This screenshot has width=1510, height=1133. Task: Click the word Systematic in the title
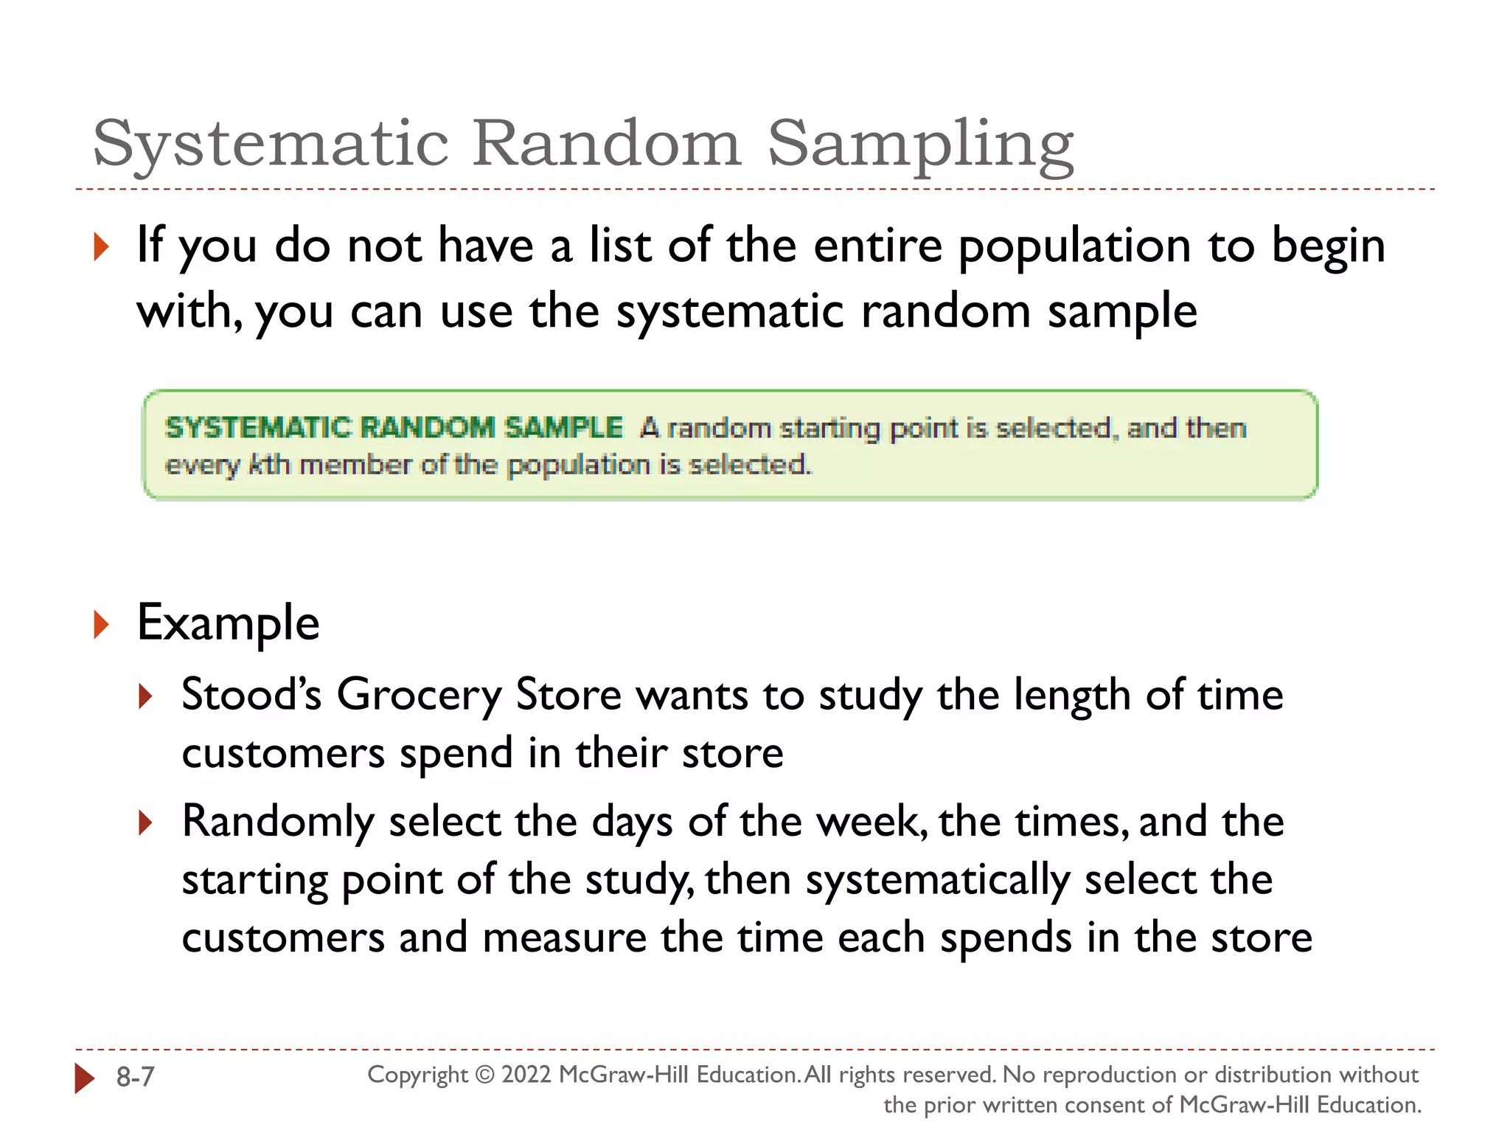click(x=271, y=144)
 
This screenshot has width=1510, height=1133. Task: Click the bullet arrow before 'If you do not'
click(x=102, y=246)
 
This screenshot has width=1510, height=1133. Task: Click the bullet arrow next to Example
click(x=102, y=625)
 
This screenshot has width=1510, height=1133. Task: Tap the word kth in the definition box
click(x=269, y=465)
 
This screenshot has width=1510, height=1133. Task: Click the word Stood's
click(x=251, y=695)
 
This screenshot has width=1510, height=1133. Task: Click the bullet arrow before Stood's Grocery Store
click(x=145, y=696)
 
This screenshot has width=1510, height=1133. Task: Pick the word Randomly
click(x=279, y=822)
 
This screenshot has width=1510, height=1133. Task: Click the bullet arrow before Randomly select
click(x=145, y=822)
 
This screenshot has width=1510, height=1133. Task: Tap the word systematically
click(x=937, y=881)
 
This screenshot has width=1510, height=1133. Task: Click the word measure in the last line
click(x=564, y=938)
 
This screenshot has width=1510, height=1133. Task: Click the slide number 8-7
click(x=136, y=1077)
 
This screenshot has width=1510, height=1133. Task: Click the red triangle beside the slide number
click(x=85, y=1078)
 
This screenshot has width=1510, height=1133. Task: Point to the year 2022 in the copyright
click(x=526, y=1075)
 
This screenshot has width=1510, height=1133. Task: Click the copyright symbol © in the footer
click(x=484, y=1075)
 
